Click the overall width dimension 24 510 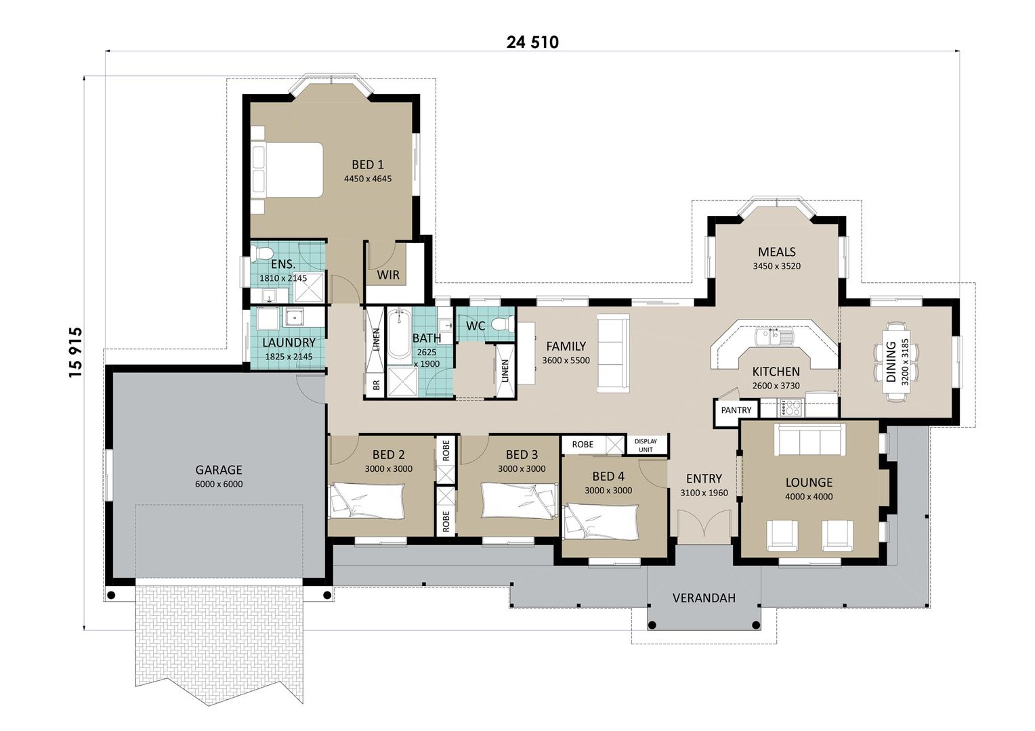pos(532,43)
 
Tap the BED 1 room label pos(367,164)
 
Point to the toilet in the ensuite pos(260,254)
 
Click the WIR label pos(388,275)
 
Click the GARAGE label pos(218,470)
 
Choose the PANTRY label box pos(736,410)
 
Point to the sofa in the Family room pos(613,353)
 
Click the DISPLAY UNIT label pos(646,445)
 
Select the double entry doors pos(704,525)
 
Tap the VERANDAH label pos(704,598)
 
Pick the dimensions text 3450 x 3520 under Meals pos(776,266)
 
